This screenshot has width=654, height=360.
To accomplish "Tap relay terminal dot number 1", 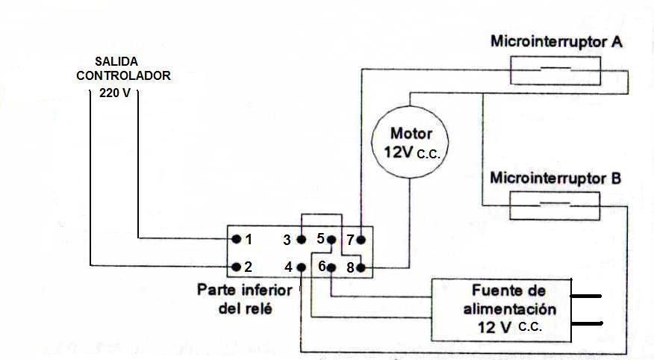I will point(236,240).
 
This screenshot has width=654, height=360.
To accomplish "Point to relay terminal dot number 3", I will point(300,240).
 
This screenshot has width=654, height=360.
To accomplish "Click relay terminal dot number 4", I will point(300,267).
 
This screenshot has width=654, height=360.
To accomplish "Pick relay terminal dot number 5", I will point(331,240).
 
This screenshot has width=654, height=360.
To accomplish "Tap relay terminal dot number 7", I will point(361,240).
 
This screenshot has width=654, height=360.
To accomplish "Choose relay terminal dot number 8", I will point(361,267).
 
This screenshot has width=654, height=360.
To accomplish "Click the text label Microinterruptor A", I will point(556,42).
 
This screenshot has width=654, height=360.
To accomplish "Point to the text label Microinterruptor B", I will point(555,179).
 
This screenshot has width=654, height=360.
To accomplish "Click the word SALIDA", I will point(116,61).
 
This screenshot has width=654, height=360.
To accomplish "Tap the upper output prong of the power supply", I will point(587,296).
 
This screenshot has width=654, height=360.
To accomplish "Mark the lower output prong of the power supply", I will point(587,323).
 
